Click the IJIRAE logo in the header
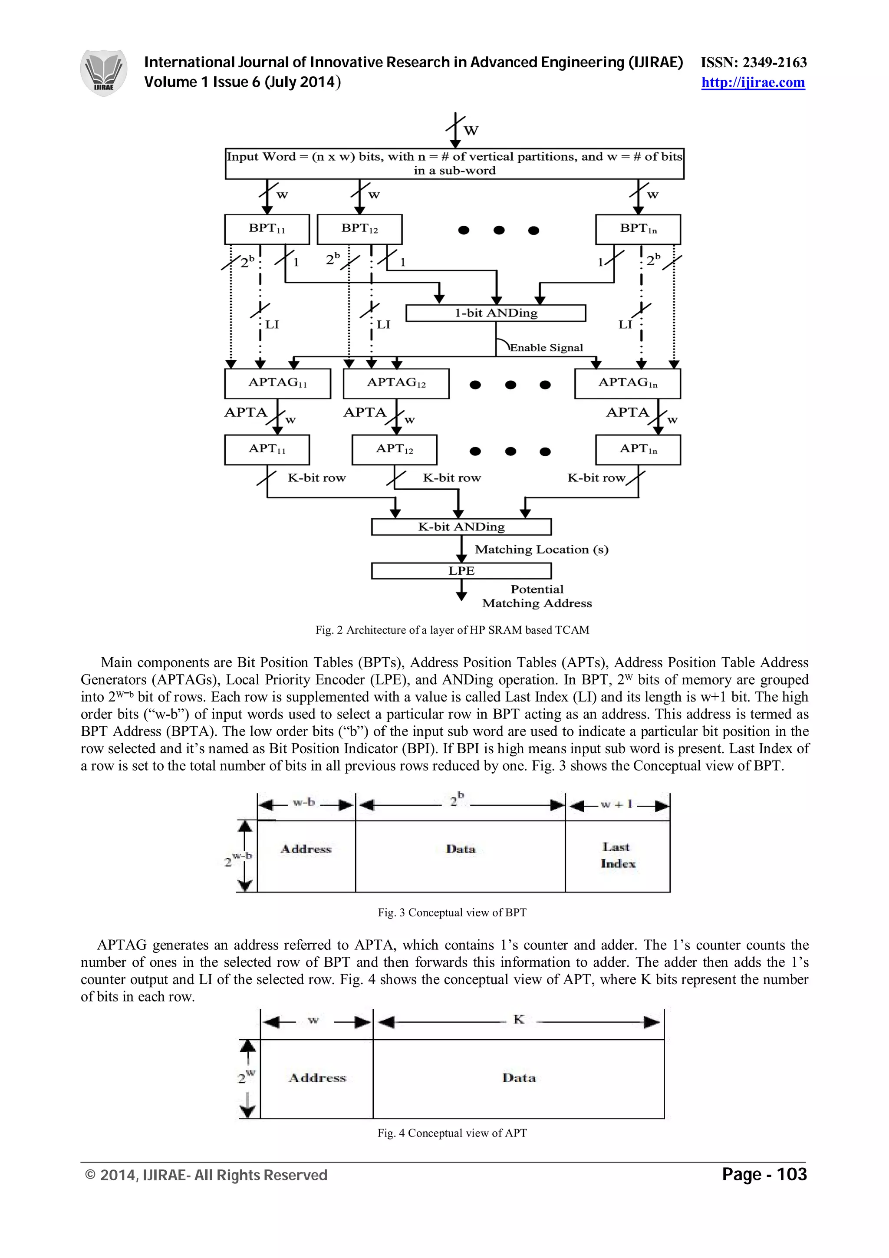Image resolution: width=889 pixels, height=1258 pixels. pos(103,73)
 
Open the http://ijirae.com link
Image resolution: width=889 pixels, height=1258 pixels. pos(753,83)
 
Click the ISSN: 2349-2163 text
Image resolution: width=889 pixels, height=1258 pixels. pos(754,63)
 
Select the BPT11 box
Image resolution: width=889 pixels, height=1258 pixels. pos(267,229)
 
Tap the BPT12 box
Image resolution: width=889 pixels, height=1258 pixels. pos(359,229)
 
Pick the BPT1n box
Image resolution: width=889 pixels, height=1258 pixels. pos(638,229)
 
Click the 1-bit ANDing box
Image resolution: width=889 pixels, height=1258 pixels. pos(496,313)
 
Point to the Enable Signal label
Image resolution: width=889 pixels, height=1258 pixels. pos(546,347)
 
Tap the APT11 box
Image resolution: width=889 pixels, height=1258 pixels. pos(267,449)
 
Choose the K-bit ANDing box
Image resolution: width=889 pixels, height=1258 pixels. pos(461,527)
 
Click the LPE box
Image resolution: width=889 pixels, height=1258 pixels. pos(461,570)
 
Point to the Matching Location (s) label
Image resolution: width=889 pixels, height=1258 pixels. pos(541,549)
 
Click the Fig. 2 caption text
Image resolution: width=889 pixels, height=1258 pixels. pos(452,630)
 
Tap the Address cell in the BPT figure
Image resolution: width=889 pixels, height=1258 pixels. pos(306,849)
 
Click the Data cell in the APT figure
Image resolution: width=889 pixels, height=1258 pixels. pos(518,1078)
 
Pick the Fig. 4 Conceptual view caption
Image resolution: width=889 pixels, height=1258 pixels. pos(452,1133)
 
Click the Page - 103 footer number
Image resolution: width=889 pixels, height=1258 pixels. pos(764,1174)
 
